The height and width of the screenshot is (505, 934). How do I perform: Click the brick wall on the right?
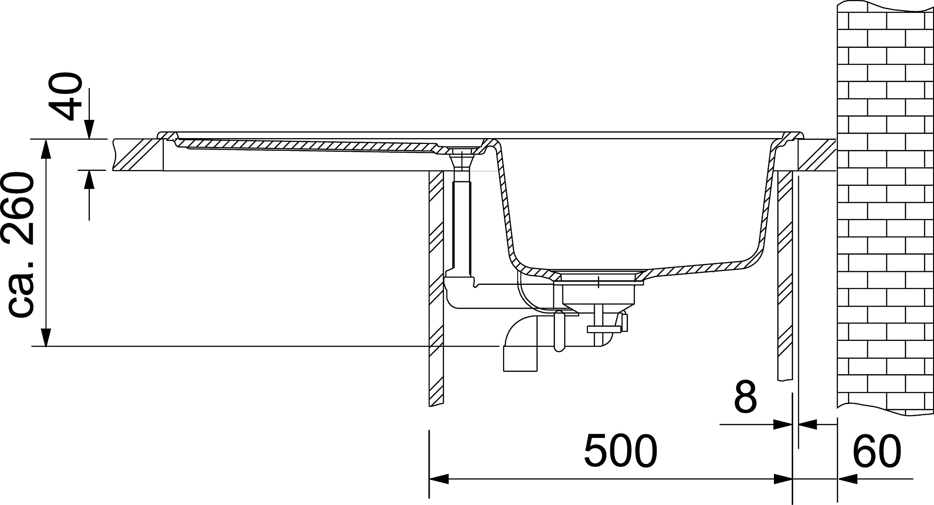pos(885,205)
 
